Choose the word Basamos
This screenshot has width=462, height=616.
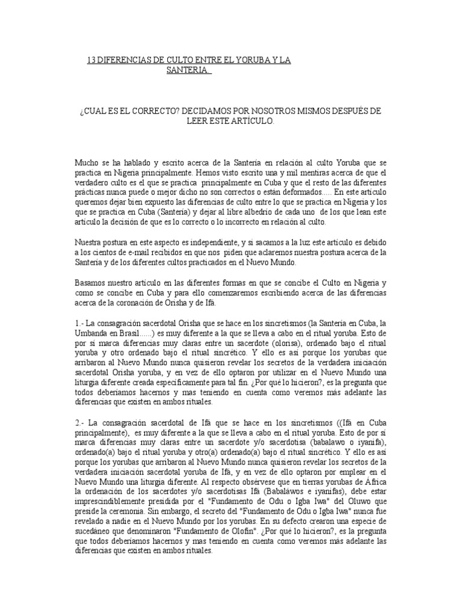[x=91, y=282]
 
